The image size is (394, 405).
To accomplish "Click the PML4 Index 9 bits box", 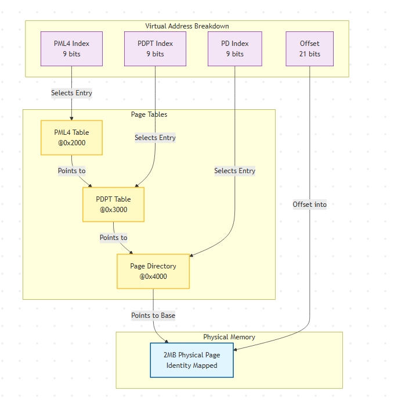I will tap(71, 49).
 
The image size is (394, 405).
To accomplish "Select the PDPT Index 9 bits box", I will tap(155, 49).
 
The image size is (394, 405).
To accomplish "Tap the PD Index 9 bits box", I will tap(234, 49).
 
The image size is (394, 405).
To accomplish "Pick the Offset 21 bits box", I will tap(309, 49).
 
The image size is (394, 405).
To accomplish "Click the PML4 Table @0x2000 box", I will tap(71, 138).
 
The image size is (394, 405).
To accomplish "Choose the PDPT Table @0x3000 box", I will tap(113, 205).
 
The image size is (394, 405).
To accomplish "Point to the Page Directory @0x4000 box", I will tap(153, 271).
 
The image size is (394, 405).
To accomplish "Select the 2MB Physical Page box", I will tap(191, 360).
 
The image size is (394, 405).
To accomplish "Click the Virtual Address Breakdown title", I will tap(187, 26).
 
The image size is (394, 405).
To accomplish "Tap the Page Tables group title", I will tap(149, 114).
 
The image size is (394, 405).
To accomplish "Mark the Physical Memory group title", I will tap(229, 337).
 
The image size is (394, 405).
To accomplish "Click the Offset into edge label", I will tap(309, 205).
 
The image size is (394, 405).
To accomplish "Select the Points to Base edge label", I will tap(153, 316).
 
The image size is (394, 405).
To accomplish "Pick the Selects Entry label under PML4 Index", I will tap(71, 93).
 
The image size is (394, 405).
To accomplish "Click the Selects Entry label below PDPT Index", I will tap(155, 138).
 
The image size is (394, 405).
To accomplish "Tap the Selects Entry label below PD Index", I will tap(234, 171).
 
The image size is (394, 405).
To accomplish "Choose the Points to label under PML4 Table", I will tap(71, 171).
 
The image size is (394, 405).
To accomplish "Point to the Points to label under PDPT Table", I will tap(113, 238).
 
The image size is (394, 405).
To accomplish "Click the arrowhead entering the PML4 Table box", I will tap(71, 118).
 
